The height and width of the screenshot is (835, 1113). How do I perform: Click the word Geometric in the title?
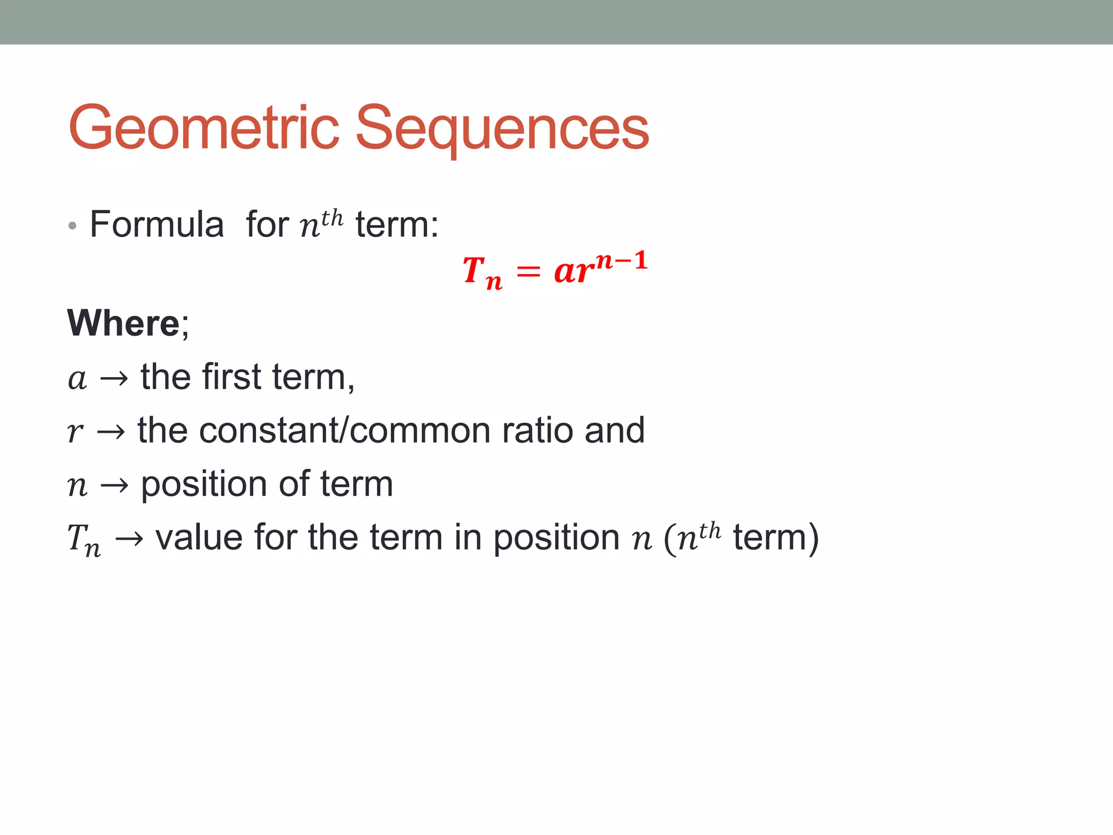204,128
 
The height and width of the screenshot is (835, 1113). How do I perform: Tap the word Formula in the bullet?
157,224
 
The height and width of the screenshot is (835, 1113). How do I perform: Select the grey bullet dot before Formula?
72,226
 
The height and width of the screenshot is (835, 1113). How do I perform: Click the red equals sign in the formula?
528,271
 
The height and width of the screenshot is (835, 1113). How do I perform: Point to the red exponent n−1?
622,261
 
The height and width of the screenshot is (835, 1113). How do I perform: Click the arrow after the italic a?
114,378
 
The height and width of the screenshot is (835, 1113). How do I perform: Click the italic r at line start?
75,432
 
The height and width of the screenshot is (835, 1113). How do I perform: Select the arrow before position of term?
114,485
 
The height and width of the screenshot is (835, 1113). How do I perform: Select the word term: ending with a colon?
397,224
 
